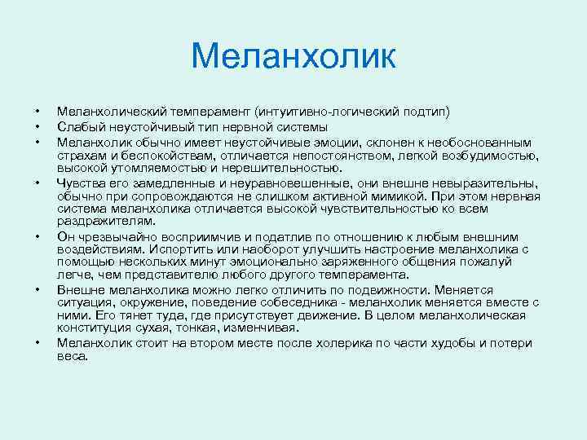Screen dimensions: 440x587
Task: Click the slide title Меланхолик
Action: (x=293, y=57)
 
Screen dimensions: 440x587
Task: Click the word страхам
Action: (x=80, y=156)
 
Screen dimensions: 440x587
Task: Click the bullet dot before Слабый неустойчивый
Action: (x=37, y=127)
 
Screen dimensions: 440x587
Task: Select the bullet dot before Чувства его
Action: (x=37, y=183)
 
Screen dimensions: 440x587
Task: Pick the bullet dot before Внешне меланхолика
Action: (x=37, y=288)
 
